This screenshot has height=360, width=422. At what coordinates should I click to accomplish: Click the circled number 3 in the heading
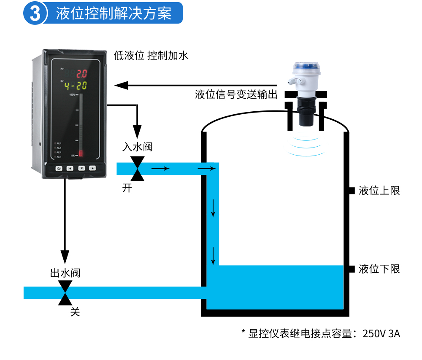tap(35, 13)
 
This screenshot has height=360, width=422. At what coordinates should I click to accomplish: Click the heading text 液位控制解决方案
tap(114, 13)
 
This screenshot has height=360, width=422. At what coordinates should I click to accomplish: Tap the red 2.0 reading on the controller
tap(81, 73)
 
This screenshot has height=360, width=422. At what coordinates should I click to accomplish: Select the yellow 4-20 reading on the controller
tap(76, 86)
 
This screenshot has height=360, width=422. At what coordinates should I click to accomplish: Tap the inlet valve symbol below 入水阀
tap(137, 169)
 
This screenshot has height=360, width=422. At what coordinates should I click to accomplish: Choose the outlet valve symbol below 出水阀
tap(65, 292)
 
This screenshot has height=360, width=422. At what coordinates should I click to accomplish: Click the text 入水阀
tap(137, 147)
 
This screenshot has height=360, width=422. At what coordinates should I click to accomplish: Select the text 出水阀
tap(65, 273)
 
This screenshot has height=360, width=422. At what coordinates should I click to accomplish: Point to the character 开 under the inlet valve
tap(127, 188)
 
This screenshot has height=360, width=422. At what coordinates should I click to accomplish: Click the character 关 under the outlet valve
tap(75, 312)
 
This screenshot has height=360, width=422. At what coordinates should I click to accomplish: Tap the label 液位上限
tap(379, 191)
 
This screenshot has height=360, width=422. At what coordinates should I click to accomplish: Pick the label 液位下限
tap(379, 269)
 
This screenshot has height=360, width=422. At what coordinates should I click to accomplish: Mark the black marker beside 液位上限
tap(352, 191)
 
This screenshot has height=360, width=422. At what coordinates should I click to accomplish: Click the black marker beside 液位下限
tap(352, 269)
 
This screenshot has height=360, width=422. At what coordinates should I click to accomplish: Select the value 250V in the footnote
tap(374, 334)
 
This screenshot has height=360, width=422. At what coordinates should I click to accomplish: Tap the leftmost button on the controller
tap(59, 169)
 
